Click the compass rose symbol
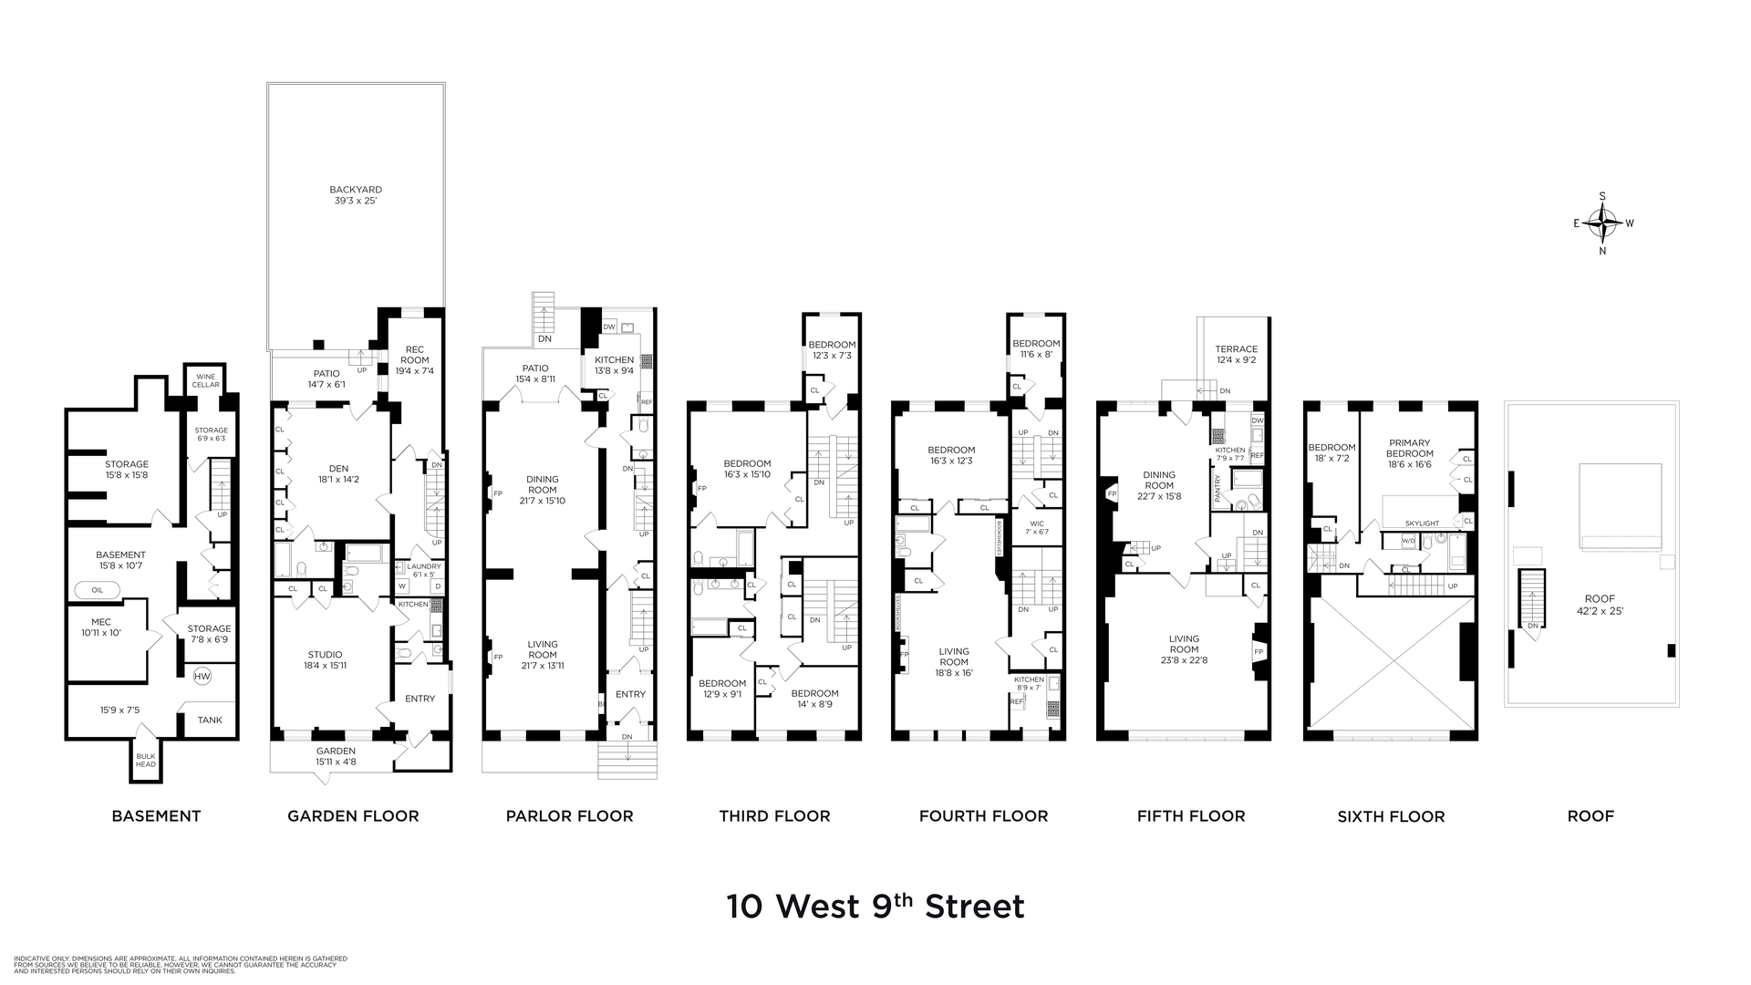point(1602,223)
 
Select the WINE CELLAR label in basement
point(207,380)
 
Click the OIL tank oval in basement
point(98,590)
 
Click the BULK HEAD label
point(146,760)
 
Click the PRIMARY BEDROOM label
point(1409,448)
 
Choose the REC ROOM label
point(415,355)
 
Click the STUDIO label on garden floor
point(325,654)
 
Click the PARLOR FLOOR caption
point(569,816)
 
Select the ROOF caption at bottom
point(1590,816)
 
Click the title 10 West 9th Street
point(875,907)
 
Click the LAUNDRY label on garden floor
point(424,566)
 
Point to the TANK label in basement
point(210,720)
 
